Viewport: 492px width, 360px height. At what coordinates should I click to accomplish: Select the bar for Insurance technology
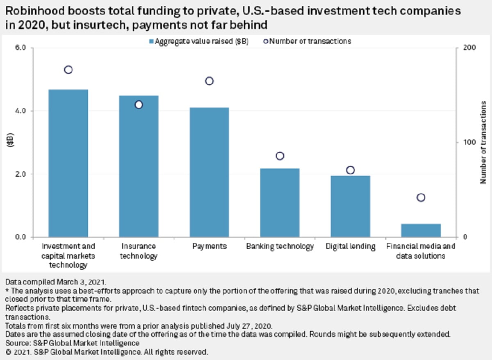pyautogui.click(x=139, y=166)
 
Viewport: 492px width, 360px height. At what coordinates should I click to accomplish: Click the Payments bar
pyautogui.click(x=209, y=172)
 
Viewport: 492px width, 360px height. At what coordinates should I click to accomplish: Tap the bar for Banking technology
pyautogui.click(x=280, y=203)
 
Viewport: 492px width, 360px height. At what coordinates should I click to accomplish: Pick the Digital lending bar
pyautogui.click(x=351, y=206)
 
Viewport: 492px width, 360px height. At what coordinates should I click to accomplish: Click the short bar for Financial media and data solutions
pyautogui.click(x=421, y=230)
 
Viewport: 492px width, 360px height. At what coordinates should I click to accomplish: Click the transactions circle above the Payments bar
pyautogui.click(x=209, y=81)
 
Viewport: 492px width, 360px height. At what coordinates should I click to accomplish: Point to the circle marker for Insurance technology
pyautogui.click(x=139, y=105)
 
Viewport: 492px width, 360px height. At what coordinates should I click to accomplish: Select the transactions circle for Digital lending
pyautogui.click(x=351, y=170)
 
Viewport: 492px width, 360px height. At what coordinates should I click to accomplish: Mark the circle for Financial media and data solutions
pyautogui.click(x=421, y=198)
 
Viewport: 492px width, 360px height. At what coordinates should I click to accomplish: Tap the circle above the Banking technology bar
pyautogui.click(x=280, y=156)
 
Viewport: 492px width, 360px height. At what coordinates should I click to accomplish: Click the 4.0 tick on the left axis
pyautogui.click(x=21, y=111)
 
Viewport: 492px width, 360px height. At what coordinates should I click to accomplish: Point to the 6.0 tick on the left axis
pyautogui.click(x=21, y=48)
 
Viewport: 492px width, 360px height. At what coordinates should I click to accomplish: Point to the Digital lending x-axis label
pyautogui.click(x=351, y=246)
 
